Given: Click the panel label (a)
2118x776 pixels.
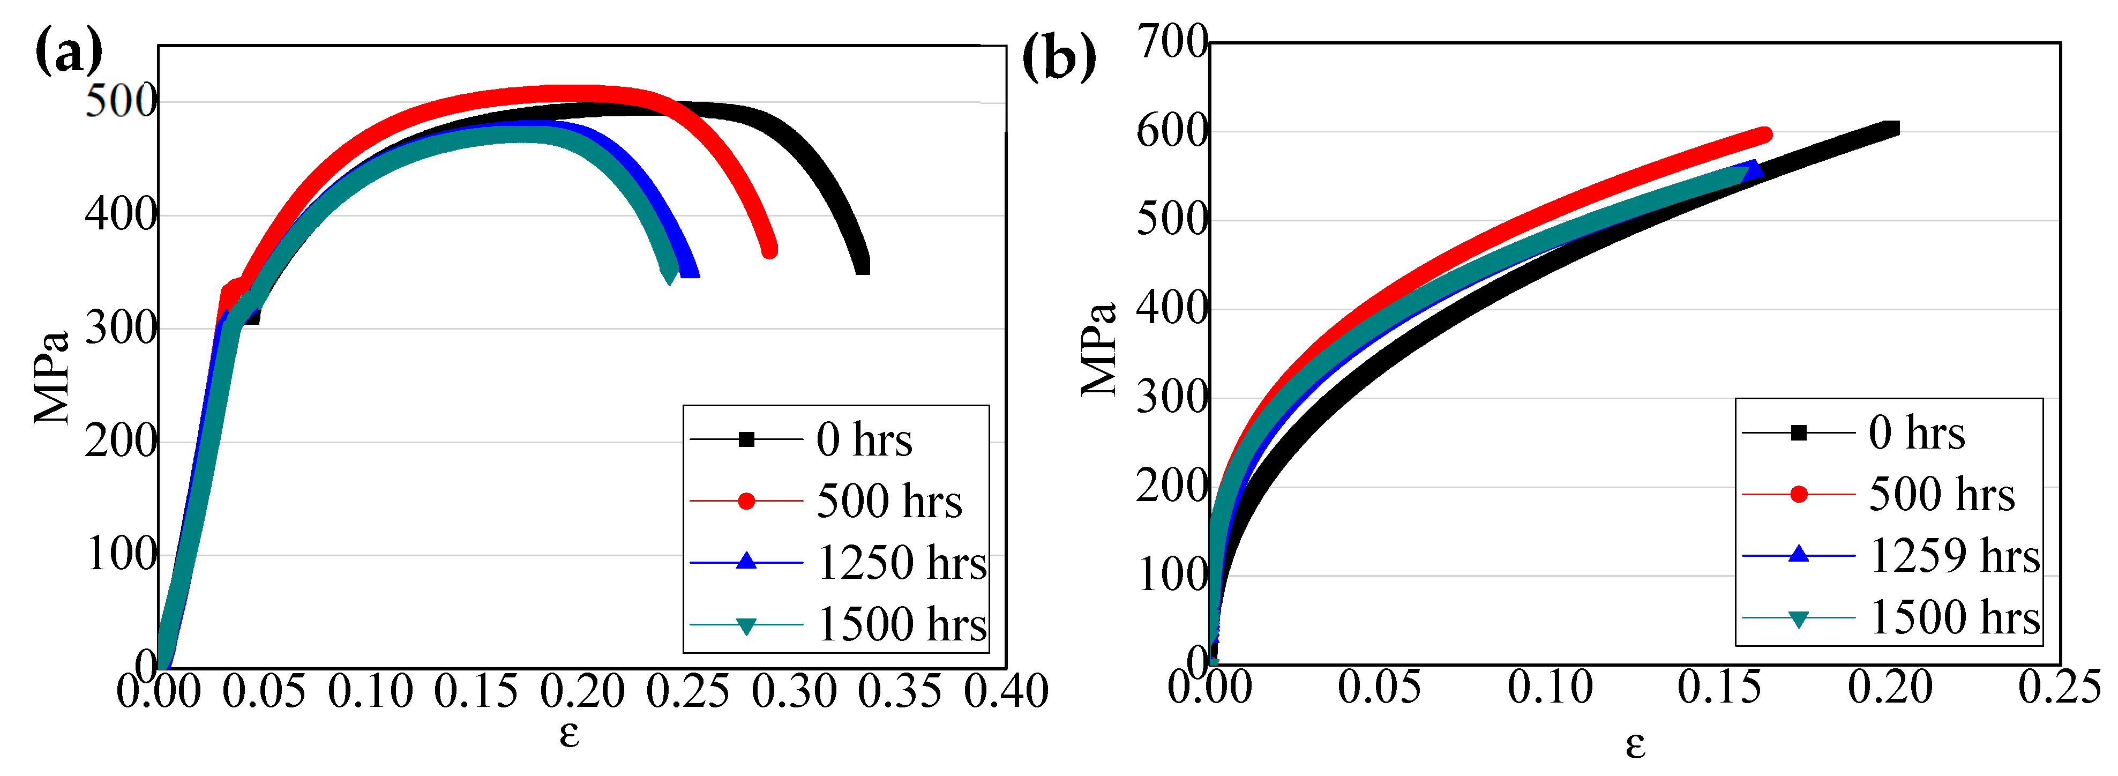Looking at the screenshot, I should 69,51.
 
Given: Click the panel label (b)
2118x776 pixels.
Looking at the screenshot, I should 1058,57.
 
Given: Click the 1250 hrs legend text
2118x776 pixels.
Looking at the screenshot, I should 902,563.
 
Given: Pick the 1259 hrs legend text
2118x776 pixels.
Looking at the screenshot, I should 1955,556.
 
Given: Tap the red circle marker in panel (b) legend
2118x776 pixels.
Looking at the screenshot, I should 1798,494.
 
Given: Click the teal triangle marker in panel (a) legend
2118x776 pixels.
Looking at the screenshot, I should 746,626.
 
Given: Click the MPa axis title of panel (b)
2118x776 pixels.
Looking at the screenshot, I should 1099,349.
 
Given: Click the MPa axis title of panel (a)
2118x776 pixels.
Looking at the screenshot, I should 51,378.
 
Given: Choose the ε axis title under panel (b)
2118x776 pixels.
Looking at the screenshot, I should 1635,744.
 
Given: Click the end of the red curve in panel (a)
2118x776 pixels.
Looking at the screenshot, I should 769,250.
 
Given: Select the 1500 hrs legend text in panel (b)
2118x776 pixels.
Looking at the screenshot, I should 1955,617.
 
